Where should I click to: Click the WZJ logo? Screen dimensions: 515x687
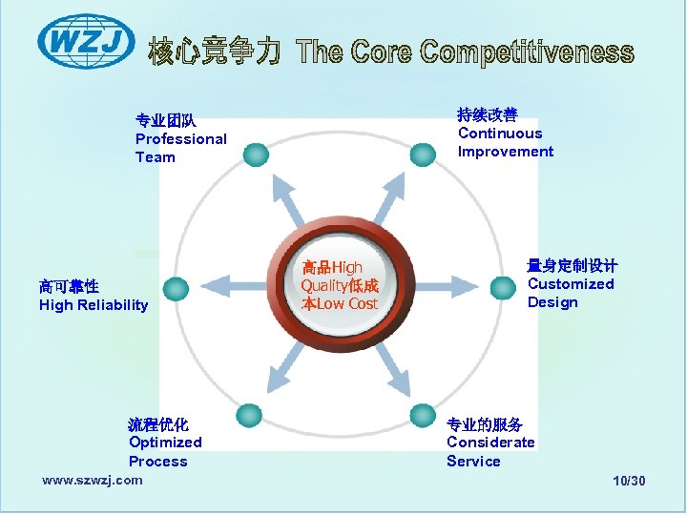(x=86, y=42)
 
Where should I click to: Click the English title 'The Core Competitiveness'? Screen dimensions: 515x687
(x=464, y=52)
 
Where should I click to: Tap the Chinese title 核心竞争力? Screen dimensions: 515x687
(x=214, y=52)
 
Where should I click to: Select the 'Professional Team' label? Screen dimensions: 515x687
(x=180, y=139)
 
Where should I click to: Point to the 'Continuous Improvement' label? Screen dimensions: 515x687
(x=505, y=134)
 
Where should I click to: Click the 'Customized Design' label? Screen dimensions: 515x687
(x=572, y=284)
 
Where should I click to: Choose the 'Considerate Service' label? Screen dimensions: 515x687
(x=490, y=443)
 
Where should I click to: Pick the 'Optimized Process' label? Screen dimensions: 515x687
(x=165, y=443)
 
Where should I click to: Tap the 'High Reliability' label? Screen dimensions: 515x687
(x=94, y=296)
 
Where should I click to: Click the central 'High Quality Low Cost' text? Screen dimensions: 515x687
(x=340, y=286)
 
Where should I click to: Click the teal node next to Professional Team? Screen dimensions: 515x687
(x=255, y=154)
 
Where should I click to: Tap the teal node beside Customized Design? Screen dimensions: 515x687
(x=503, y=286)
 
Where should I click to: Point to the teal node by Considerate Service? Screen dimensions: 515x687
(x=422, y=415)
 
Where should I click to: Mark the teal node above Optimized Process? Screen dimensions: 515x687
(x=249, y=415)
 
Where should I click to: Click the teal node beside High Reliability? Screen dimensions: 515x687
(x=176, y=288)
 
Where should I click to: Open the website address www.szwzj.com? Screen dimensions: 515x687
(x=93, y=480)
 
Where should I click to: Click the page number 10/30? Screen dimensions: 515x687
(x=629, y=481)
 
